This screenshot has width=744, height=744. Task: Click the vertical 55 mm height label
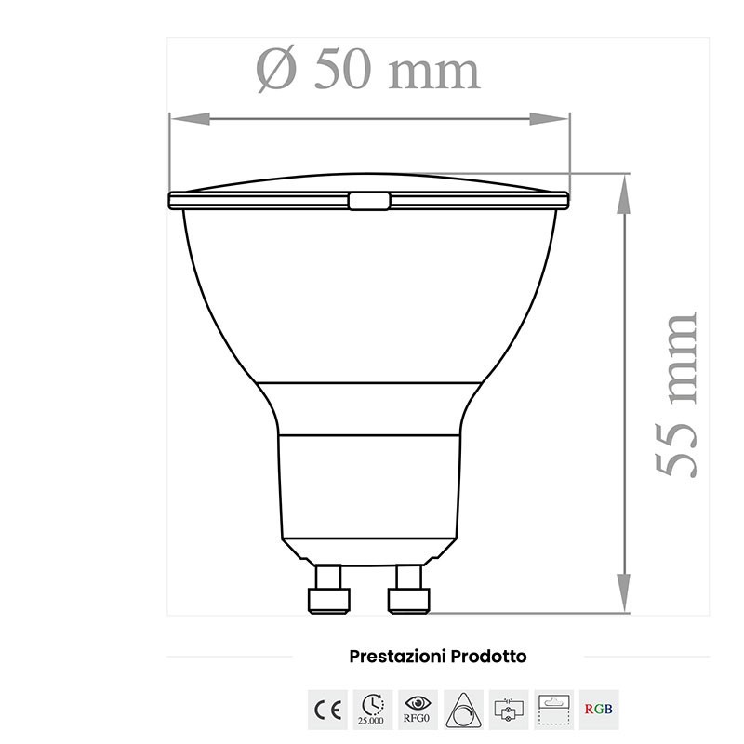(x=676, y=395)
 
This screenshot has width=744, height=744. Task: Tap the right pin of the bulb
(x=408, y=590)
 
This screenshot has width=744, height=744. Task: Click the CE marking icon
(x=326, y=711)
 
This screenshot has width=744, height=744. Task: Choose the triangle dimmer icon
(x=463, y=711)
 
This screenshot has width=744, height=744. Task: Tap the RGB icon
(x=599, y=711)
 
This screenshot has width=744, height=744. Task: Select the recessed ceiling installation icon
(x=554, y=711)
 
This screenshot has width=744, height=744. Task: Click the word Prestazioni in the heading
(x=396, y=657)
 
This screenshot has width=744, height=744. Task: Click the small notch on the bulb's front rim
(x=369, y=201)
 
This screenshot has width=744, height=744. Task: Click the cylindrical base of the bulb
(x=369, y=488)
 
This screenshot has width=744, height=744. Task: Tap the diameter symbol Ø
(x=276, y=69)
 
